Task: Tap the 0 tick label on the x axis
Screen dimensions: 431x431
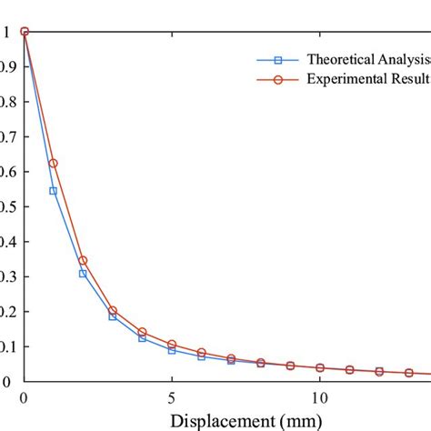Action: pos(25,397)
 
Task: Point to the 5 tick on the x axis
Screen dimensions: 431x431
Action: pos(172,397)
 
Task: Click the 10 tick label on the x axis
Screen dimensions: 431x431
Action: pos(319,397)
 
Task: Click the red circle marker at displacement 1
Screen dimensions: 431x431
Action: pos(54,163)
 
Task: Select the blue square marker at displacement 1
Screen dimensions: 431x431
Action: pos(54,191)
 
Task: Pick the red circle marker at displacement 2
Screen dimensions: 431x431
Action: pos(83,260)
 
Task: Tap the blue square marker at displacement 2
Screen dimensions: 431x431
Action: pos(83,273)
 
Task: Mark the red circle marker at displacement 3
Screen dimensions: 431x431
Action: pos(113,311)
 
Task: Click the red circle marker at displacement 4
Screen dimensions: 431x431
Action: pos(142,332)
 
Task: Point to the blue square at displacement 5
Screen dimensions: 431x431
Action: pos(172,350)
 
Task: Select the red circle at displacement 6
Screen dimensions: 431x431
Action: pos(201,352)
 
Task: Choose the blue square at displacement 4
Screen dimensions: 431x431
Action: pos(142,338)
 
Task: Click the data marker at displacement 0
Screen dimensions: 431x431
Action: pos(25,32)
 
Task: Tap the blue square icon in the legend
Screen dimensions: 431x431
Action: pos(279,59)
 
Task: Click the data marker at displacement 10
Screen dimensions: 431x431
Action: pos(319,367)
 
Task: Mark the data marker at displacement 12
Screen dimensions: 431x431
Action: pos(378,371)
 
